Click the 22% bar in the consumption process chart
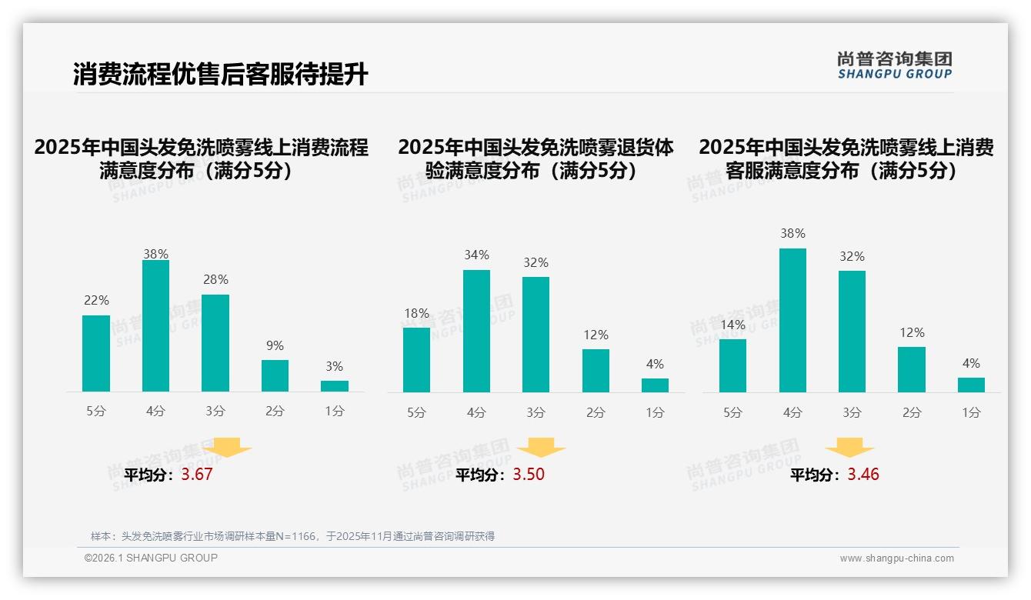pos(96,354)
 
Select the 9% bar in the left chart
pos(275,376)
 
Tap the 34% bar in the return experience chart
pos(476,332)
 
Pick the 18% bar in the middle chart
pos(416,360)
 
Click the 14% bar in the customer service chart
pos(732,366)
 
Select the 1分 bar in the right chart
pos(971,385)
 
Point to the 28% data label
pos(215,280)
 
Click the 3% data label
pos(334,367)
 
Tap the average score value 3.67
pos(197,475)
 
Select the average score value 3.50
pos(529,475)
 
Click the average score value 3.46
pos(863,475)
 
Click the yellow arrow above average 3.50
pos(541,448)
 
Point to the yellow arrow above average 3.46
pos(849,448)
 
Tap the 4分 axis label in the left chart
pos(155,412)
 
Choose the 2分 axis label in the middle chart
pos(596,413)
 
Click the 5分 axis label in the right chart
pos(732,413)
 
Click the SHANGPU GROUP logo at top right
pos(895,65)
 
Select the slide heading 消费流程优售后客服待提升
pos(221,75)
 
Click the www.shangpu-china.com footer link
pos(896,558)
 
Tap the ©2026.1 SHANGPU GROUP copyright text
pos(151,558)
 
